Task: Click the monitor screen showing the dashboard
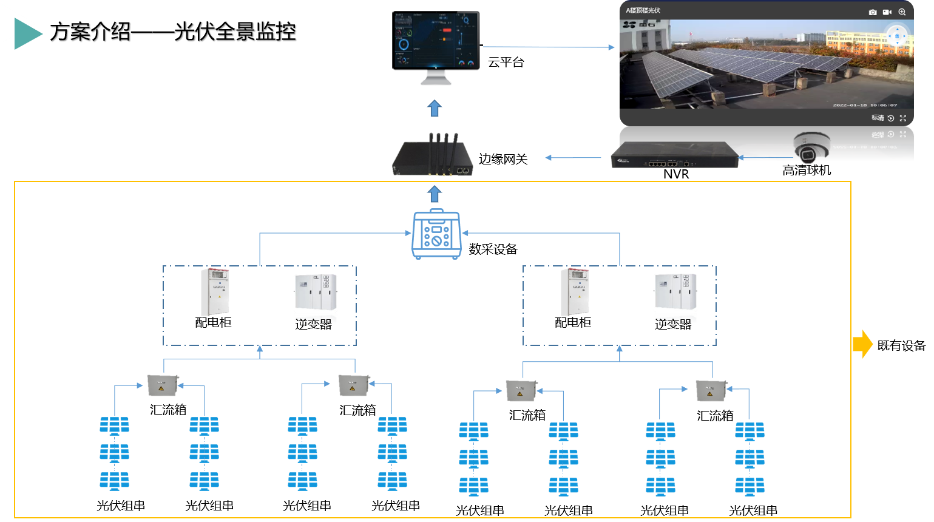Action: coord(436,40)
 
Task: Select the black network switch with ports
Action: coord(674,155)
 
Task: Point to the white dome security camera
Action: coord(811,147)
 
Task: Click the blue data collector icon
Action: coord(436,234)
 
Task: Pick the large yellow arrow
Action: coord(862,344)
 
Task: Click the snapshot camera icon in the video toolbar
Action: coord(873,12)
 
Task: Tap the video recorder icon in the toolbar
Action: coord(887,12)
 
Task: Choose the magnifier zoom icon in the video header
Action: coord(902,12)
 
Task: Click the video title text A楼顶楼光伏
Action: coord(643,10)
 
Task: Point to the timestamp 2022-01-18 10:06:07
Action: coord(864,105)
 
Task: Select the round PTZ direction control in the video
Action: coord(897,36)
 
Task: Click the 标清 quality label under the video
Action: coord(878,118)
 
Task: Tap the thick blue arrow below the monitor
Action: coord(434,109)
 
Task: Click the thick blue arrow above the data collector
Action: coord(434,194)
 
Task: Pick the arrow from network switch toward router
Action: coord(573,158)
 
